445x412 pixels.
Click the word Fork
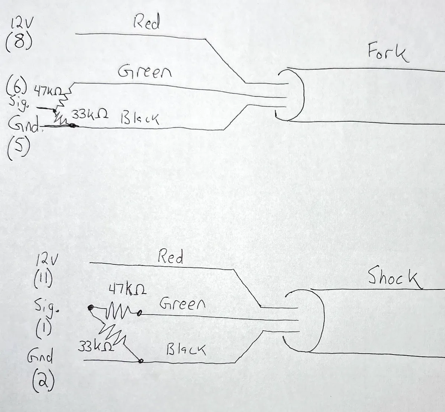(x=387, y=53)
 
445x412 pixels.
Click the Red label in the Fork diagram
(x=146, y=23)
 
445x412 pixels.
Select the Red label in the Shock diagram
(x=170, y=257)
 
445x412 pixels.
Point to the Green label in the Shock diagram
(x=182, y=303)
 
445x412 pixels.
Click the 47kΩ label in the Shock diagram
(x=128, y=290)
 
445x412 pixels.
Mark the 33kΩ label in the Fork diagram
(x=90, y=115)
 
